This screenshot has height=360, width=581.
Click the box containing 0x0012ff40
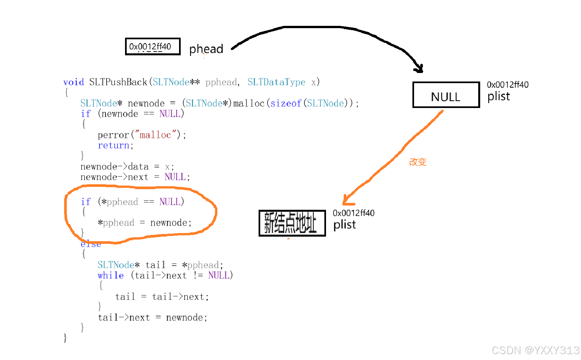(x=153, y=46)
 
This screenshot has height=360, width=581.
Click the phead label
(x=206, y=49)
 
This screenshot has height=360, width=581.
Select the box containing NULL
(x=446, y=95)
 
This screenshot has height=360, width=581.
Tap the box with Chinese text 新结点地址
(x=292, y=223)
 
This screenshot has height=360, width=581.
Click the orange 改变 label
(x=418, y=162)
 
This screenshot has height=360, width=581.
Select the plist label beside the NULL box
(x=499, y=96)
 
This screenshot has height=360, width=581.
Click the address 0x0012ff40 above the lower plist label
(x=354, y=213)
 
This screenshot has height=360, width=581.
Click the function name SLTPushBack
(x=118, y=82)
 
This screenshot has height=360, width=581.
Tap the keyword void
(x=74, y=82)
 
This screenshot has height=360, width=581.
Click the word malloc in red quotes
(x=155, y=135)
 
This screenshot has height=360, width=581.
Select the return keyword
(x=113, y=145)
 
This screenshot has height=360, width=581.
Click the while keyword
(x=111, y=275)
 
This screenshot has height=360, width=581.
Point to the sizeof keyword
(x=285, y=103)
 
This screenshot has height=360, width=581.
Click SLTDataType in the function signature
(x=276, y=82)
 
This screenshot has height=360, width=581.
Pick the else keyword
(x=91, y=244)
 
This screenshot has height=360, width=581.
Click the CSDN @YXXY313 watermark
(x=536, y=350)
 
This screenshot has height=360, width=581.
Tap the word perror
(x=113, y=135)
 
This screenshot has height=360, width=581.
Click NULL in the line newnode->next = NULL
(x=175, y=177)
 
